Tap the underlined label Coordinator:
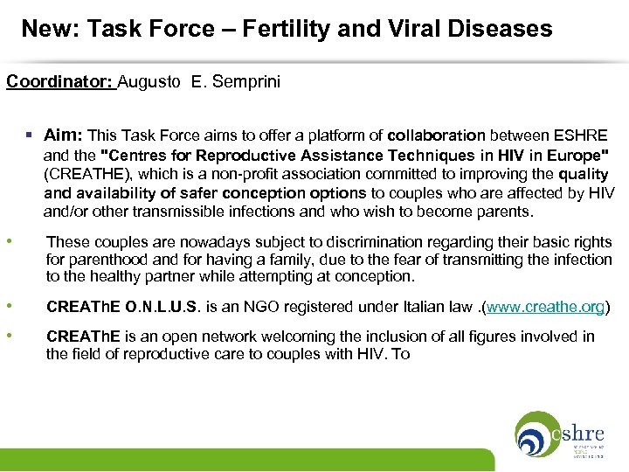[x=60, y=82]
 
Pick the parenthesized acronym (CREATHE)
[x=84, y=174]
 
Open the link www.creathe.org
[x=545, y=307]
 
